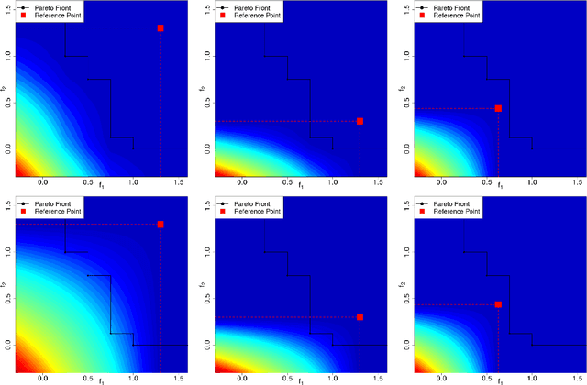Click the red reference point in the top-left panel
(x=161, y=28)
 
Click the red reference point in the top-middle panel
(x=360, y=121)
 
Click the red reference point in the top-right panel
(x=498, y=108)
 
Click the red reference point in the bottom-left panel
(x=161, y=224)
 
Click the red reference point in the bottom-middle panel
(x=360, y=317)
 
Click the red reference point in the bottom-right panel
(x=498, y=304)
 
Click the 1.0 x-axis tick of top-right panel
(x=532, y=183)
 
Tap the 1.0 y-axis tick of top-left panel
(x=7, y=55)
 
